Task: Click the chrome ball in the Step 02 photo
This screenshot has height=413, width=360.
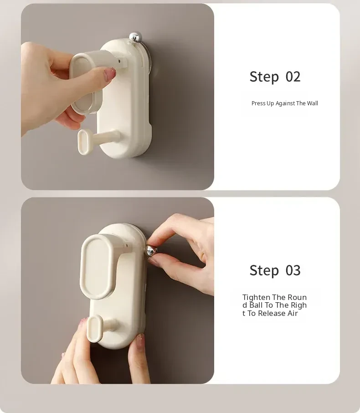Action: [x=135, y=37]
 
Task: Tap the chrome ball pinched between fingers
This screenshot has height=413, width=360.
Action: [x=151, y=251]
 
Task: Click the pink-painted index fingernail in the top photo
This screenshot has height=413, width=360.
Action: [x=110, y=73]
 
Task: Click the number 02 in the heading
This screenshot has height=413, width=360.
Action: [x=293, y=77]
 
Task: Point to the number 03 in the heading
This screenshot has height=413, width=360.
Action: [x=293, y=270]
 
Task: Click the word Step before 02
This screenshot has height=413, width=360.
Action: [x=264, y=77]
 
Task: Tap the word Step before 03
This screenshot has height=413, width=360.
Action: [x=264, y=270]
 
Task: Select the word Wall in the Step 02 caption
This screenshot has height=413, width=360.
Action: [x=312, y=103]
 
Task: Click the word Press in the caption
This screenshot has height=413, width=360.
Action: [x=258, y=103]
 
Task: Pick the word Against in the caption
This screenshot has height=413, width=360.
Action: [x=285, y=103]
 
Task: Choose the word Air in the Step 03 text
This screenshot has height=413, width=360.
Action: [x=293, y=314]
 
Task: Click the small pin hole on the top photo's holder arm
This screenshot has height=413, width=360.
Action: [x=119, y=62]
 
